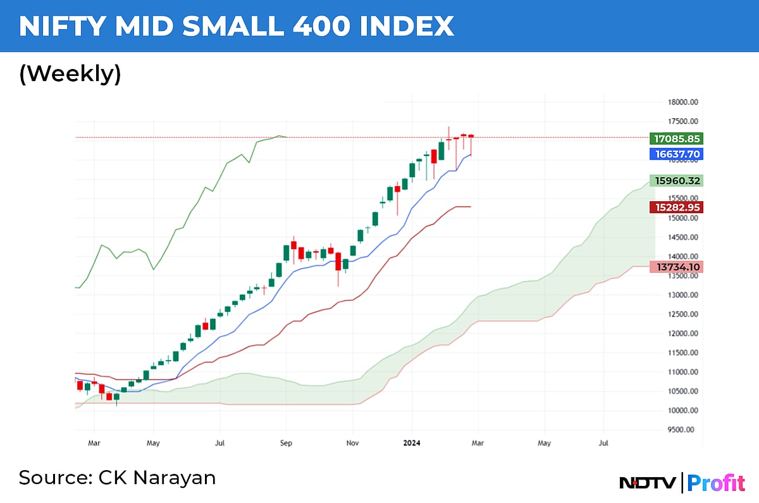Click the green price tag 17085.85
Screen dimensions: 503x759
tap(676, 138)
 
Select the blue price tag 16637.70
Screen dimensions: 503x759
tap(676, 154)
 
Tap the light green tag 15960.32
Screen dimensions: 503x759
tap(676, 180)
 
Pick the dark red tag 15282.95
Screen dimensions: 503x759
tap(676, 207)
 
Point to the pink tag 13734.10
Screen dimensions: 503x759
tap(676, 267)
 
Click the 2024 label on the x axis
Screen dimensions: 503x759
tap(412, 444)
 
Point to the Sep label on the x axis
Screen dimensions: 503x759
tap(287, 444)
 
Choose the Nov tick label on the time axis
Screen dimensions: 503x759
tap(353, 444)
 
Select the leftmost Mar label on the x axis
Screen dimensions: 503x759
tap(94, 444)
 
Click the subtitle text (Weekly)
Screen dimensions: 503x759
tap(70, 74)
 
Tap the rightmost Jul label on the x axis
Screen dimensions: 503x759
tap(603, 444)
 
